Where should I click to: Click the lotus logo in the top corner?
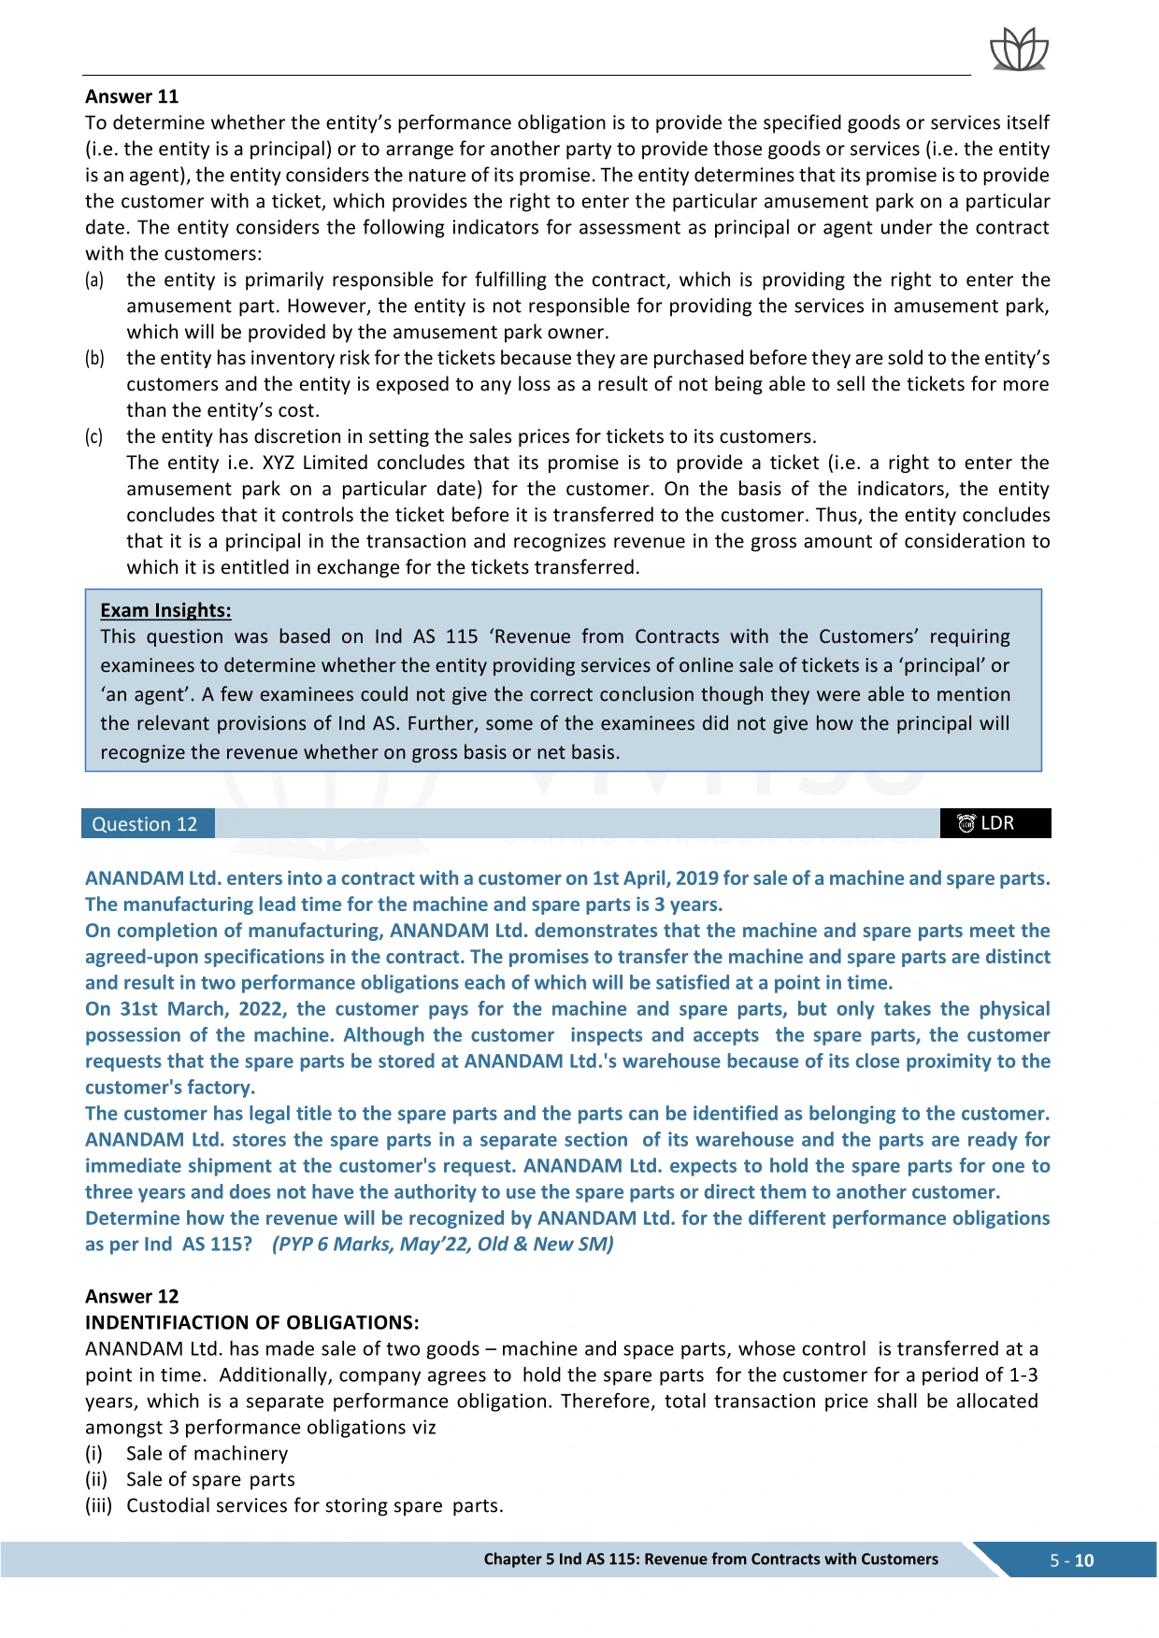(1019, 50)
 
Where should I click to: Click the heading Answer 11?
(132, 96)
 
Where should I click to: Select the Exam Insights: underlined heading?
(165, 610)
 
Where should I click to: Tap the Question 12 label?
(145, 824)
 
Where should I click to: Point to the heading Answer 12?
(132, 1296)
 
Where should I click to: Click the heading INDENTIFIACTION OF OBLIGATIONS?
(252, 1322)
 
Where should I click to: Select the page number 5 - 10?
(1071, 1560)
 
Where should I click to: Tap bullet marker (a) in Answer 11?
(94, 280)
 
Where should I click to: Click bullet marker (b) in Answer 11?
(94, 359)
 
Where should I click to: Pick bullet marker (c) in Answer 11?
(94, 437)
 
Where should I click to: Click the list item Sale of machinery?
(207, 1453)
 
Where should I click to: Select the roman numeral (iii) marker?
(98, 1505)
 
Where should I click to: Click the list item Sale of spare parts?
(210, 1479)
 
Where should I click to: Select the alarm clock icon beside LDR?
(966, 823)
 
